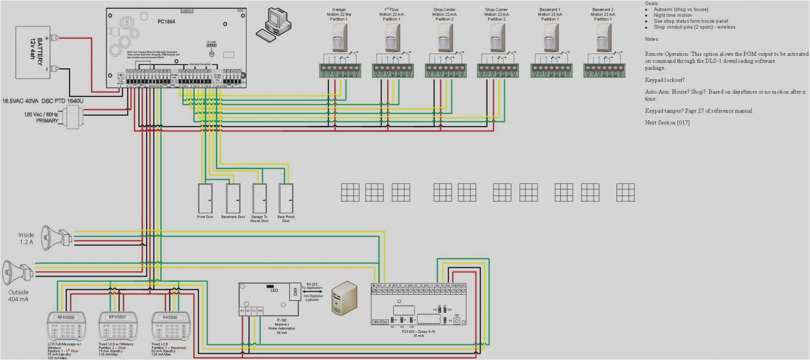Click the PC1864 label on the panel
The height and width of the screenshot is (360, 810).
pyautogui.click(x=166, y=22)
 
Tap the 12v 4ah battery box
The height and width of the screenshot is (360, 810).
pyautogui.click(x=33, y=53)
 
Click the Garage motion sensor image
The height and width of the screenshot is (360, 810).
pyautogui.click(x=339, y=38)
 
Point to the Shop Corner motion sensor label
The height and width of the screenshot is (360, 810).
pyautogui.click(x=496, y=14)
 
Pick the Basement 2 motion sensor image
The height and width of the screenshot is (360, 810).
pyautogui.click(x=604, y=38)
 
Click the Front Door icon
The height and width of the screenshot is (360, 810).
pyautogui.click(x=205, y=198)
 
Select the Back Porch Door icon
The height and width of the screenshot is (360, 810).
pyautogui.click(x=286, y=198)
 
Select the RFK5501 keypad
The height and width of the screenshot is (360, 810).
pyautogui.click(x=118, y=325)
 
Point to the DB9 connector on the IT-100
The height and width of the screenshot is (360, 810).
pyautogui.click(x=295, y=292)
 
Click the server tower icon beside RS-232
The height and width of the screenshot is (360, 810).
pyautogui.click(x=344, y=298)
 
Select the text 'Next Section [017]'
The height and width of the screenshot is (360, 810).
pyautogui.click(x=667, y=122)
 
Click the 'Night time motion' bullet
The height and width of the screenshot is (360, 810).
pyautogui.click(x=672, y=15)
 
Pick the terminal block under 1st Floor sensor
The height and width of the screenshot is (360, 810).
pyautogui.click(x=393, y=71)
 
